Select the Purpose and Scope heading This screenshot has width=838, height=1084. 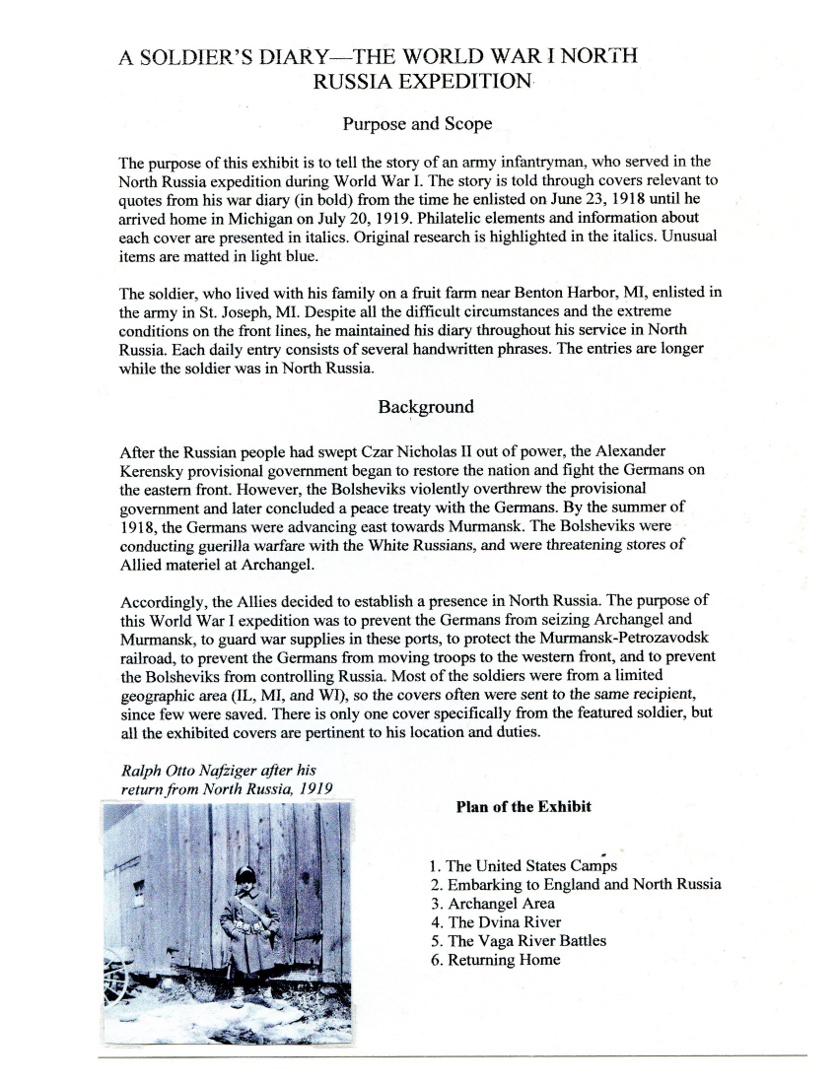(417, 124)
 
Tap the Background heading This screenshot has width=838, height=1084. (426, 407)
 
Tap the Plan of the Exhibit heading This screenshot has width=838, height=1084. (524, 807)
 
